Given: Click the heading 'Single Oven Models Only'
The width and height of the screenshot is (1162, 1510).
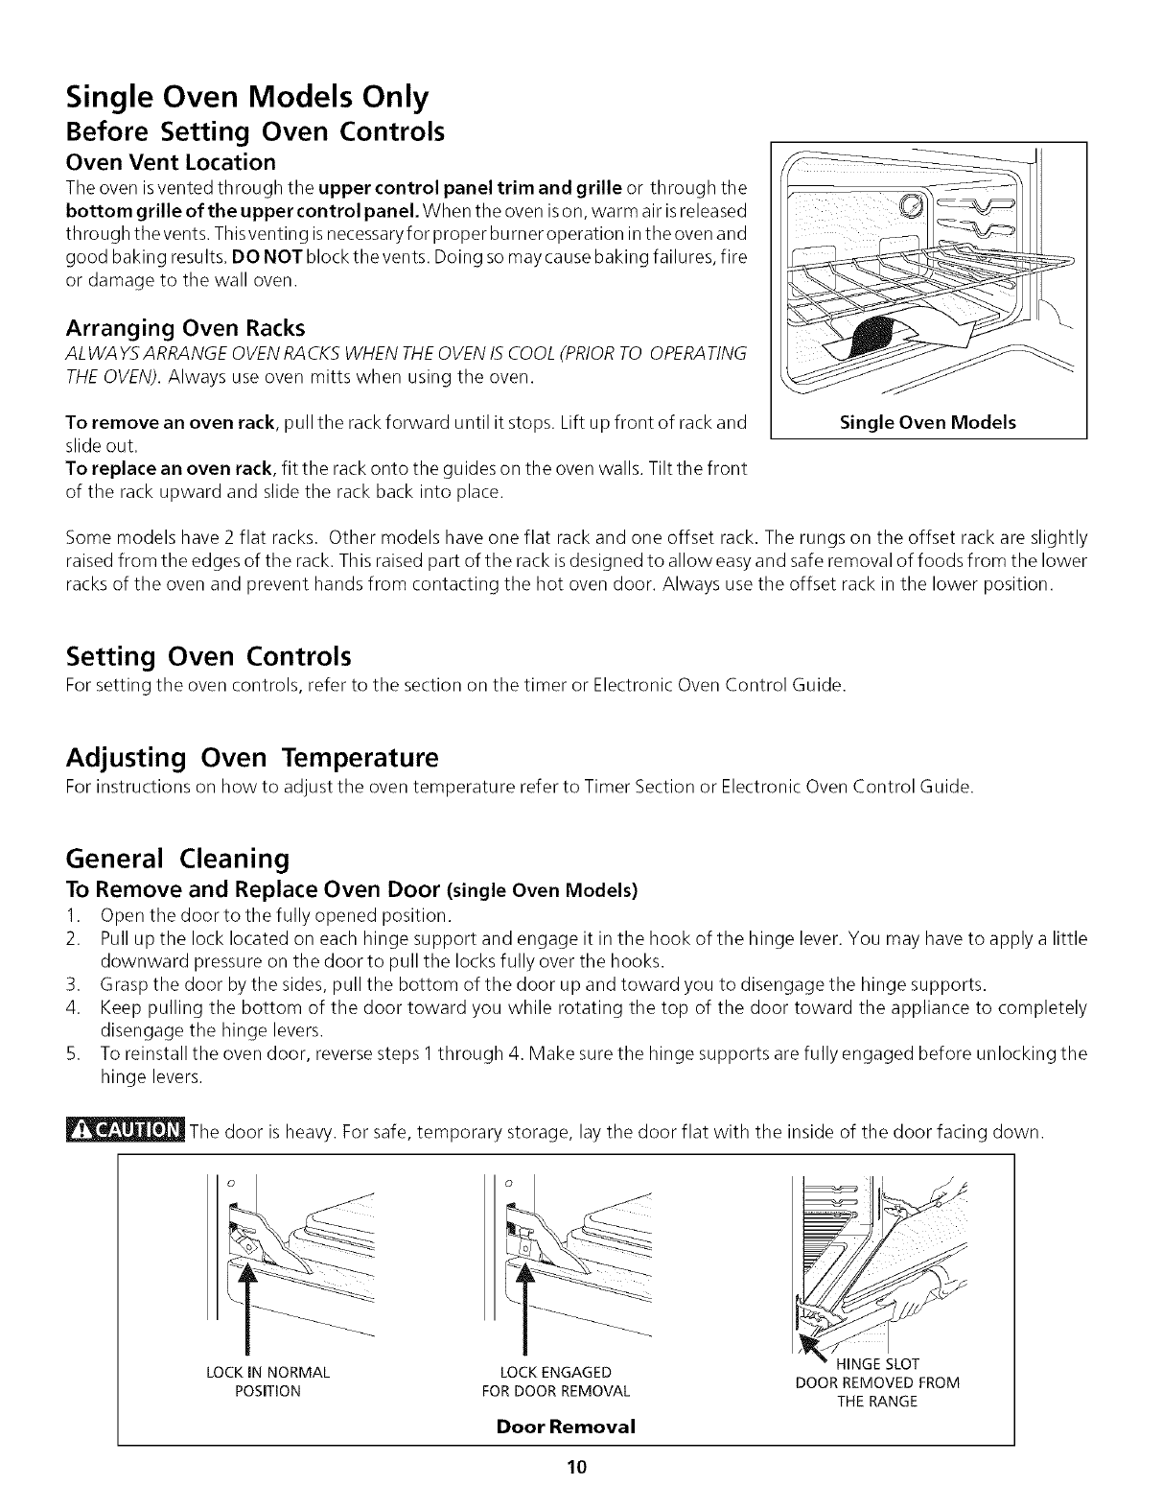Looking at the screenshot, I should pos(246,97).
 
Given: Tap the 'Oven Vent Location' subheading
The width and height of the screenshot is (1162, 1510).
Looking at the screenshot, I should pos(171,161).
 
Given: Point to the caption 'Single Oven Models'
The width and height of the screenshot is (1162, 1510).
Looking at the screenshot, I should pos(927,422).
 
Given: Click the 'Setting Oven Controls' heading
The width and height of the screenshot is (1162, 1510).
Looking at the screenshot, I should pos(209,657).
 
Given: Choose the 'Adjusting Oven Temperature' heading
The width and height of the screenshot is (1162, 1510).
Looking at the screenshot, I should pos(252,758).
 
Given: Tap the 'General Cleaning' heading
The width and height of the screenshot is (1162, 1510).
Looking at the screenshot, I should pos(177,857).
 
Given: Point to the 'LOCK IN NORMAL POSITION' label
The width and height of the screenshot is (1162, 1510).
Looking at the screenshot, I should pos(268,1381).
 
